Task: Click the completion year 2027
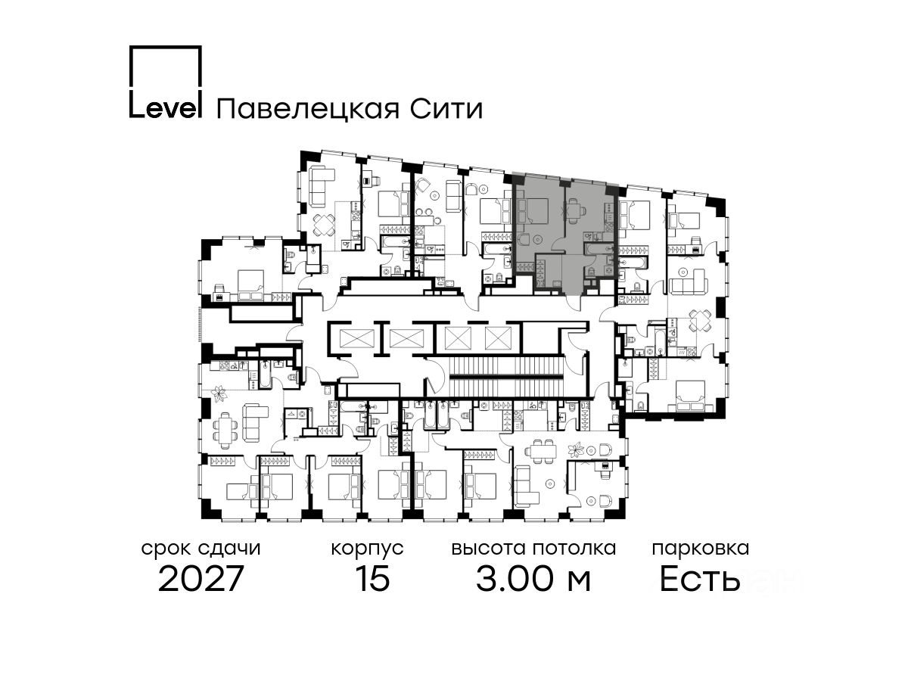coord(201,580)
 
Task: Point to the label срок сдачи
coord(201,548)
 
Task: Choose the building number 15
coord(372,580)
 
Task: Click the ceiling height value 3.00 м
coord(533,580)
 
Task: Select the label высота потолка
coord(533,548)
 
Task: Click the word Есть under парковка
coord(700,580)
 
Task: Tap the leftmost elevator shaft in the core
coord(353,337)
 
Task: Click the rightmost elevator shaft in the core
coord(499,337)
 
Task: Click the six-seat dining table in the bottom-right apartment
coord(541,449)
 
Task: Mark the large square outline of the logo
coord(165,69)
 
